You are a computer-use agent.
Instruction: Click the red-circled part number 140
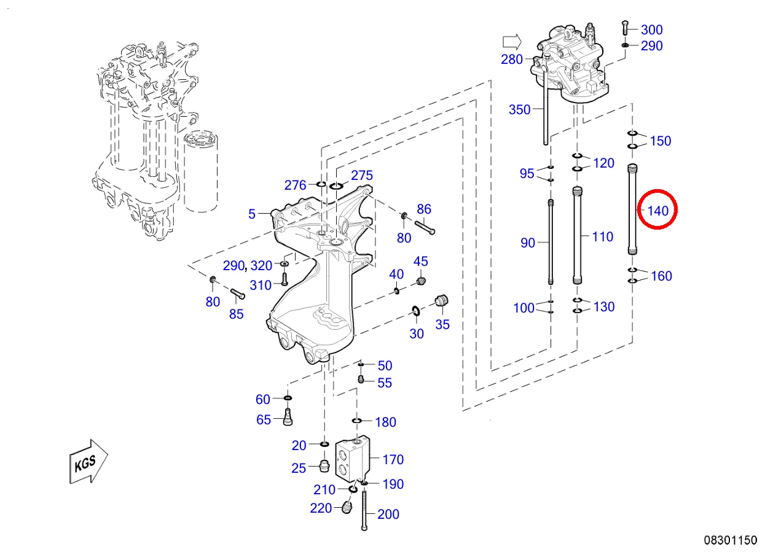point(657,211)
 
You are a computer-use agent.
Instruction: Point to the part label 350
point(519,110)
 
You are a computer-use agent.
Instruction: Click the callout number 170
point(393,459)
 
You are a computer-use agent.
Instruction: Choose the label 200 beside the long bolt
point(388,515)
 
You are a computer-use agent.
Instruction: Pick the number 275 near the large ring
point(362,176)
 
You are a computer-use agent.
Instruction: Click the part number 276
point(295,185)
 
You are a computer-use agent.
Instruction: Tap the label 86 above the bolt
point(424,209)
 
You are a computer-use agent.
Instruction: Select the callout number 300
point(651,29)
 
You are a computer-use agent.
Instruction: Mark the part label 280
point(511,60)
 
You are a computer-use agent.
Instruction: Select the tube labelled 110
point(577,236)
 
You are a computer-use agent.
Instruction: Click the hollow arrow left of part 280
point(511,42)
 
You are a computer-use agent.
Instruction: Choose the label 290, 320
point(247,266)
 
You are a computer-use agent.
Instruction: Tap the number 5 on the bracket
point(252,214)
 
